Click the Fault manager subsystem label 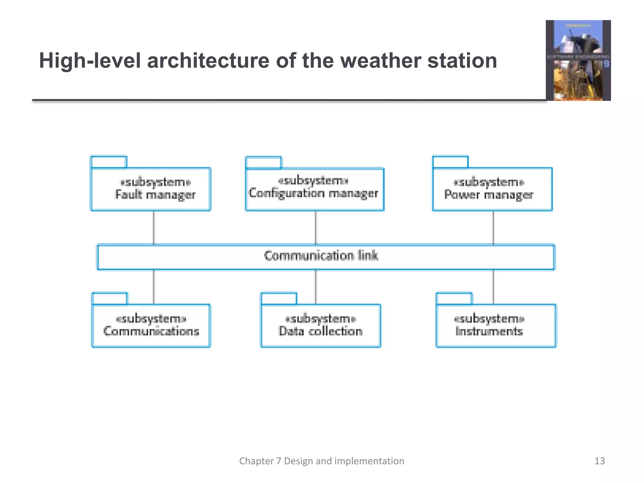point(155,195)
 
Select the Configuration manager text point(313,193)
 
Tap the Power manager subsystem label point(489,195)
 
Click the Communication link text point(321,256)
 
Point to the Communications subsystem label point(151,331)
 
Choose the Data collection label point(320,331)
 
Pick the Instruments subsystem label point(489,331)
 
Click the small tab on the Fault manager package point(109,162)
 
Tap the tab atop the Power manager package point(450,162)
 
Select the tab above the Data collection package point(279,299)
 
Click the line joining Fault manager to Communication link point(153,228)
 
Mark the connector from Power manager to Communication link point(493,228)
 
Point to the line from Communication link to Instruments point(493,286)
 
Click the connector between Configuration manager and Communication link point(316,228)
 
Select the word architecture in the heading point(208,61)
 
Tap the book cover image point(578,60)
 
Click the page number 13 point(599,461)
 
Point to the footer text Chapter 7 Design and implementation point(321,461)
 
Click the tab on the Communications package point(110,299)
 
